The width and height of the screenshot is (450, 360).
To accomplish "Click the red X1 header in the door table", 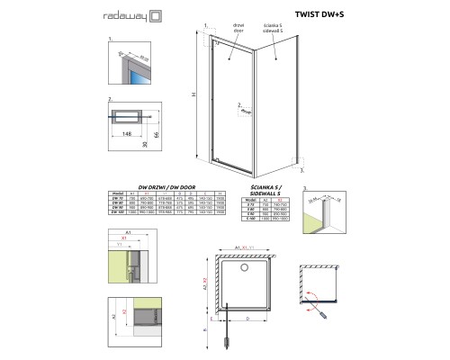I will pyautogui.click(x=148, y=192).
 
